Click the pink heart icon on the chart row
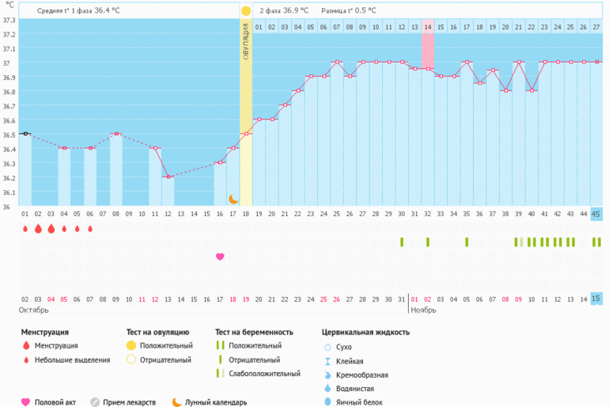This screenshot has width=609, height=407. (220, 256)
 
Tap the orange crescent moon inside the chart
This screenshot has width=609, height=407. (233, 200)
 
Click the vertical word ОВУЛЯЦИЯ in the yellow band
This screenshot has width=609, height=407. (246, 43)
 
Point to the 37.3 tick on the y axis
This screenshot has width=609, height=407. (9, 21)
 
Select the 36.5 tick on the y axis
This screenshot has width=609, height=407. (9, 135)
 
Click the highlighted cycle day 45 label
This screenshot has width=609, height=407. (596, 214)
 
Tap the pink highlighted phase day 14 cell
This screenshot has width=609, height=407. (428, 27)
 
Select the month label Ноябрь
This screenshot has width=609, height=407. (423, 310)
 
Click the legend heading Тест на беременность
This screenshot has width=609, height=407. (254, 332)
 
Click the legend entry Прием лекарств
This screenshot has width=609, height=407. (129, 402)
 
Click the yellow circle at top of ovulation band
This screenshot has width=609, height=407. (246, 11)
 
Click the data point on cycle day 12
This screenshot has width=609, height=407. (168, 177)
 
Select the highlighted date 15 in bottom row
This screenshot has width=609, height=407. (596, 299)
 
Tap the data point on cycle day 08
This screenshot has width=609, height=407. (116, 134)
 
